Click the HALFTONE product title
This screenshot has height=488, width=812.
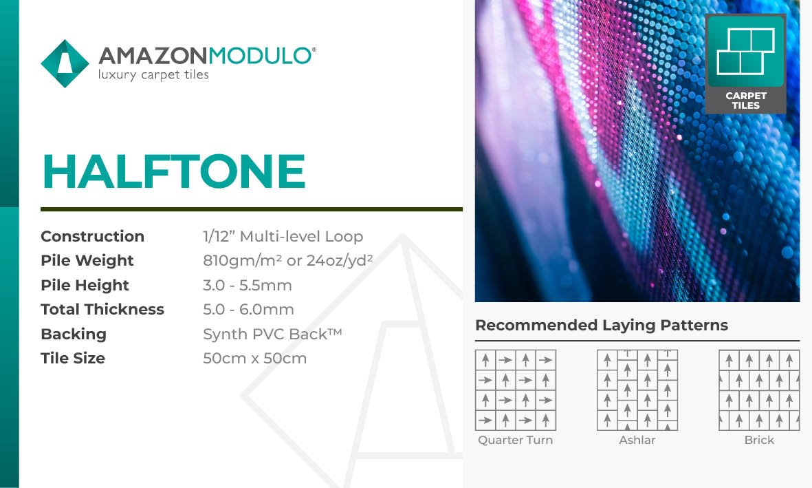[174, 171]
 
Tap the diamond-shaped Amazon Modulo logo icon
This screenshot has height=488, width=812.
[65, 64]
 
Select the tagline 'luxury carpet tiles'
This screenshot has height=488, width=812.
[153, 75]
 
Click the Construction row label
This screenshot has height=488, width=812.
[93, 236]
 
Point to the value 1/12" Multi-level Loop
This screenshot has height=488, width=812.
[283, 236]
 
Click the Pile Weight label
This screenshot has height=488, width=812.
[87, 260]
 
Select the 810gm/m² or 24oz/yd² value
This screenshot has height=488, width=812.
[288, 259]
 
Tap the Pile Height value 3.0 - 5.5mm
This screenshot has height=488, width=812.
[248, 285]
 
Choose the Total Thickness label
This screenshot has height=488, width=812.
[102, 309]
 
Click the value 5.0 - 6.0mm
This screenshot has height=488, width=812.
[249, 310]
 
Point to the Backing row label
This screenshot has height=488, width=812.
[74, 334]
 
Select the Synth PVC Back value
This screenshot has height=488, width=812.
[272, 334]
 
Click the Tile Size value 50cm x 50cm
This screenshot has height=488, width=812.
[255, 359]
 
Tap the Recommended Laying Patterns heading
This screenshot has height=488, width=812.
[602, 325]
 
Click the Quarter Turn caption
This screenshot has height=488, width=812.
[515, 441]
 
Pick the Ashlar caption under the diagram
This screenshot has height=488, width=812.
[637, 441]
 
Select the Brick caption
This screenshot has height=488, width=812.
[759, 441]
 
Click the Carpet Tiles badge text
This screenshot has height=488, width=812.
[746, 100]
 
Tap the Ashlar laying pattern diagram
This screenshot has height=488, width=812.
[637, 390]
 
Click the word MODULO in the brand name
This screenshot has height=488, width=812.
[259, 56]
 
